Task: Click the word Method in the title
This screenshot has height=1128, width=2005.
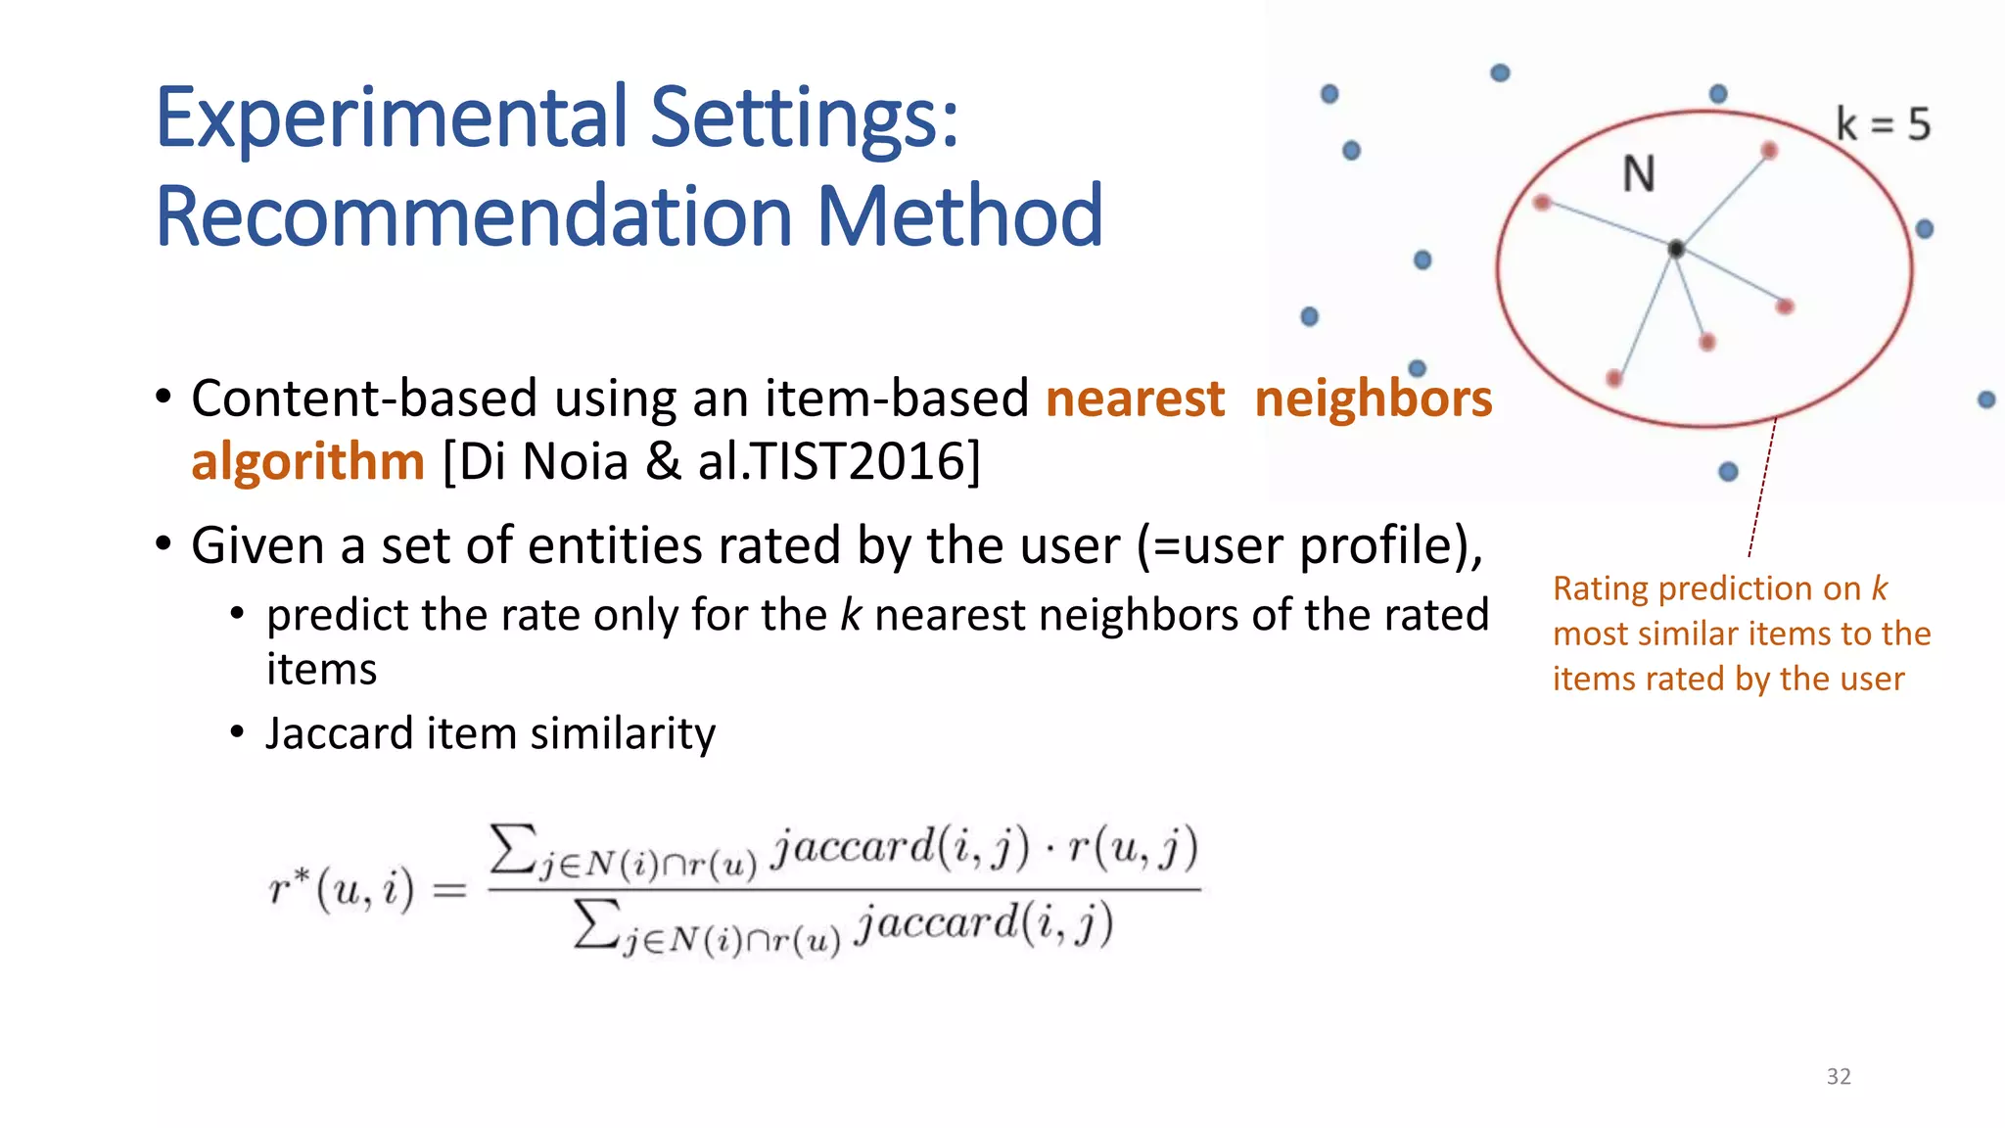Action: coord(959,217)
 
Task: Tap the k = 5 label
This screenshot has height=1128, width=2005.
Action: coord(1882,125)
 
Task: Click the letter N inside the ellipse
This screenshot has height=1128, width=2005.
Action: coord(1639,175)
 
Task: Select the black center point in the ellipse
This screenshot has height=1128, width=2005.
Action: coord(1676,250)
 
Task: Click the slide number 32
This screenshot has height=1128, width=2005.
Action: coord(1839,1076)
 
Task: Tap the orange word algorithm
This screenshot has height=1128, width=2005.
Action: coord(307,461)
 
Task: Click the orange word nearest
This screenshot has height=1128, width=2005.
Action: coord(1135,399)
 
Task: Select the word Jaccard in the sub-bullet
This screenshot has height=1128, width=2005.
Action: coord(339,733)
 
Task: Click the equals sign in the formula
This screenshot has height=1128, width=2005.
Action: coord(449,891)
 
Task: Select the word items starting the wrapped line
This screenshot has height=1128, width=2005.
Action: coord(321,670)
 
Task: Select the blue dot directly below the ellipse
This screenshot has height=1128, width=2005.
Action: coord(1728,472)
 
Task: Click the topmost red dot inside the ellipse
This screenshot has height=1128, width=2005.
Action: coord(1769,150)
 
